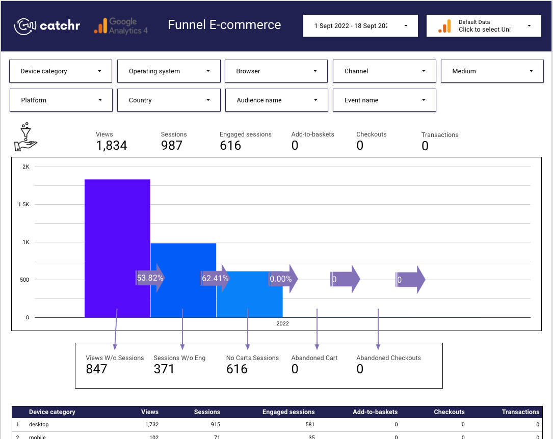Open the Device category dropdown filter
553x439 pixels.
point(61,71)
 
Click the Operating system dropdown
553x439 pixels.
point(169,71)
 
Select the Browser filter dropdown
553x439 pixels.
point(276,71)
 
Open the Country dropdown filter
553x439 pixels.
point(169,100)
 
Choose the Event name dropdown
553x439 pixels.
point(384,100)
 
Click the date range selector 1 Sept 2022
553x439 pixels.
point(360,26)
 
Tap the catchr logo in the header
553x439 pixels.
point(47,26)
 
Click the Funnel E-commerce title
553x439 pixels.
point(224,25)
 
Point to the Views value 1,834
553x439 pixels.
point(111,146)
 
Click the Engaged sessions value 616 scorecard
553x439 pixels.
point(230,146)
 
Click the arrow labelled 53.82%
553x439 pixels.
point(151,279)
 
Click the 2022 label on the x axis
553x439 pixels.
point(282,324)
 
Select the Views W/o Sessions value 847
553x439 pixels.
point(96,369)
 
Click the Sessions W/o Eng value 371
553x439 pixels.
point(164,369)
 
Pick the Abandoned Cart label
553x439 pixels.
point(314,358)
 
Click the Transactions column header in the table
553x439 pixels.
point(520,412)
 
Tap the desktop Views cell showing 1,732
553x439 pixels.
point(149,424)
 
